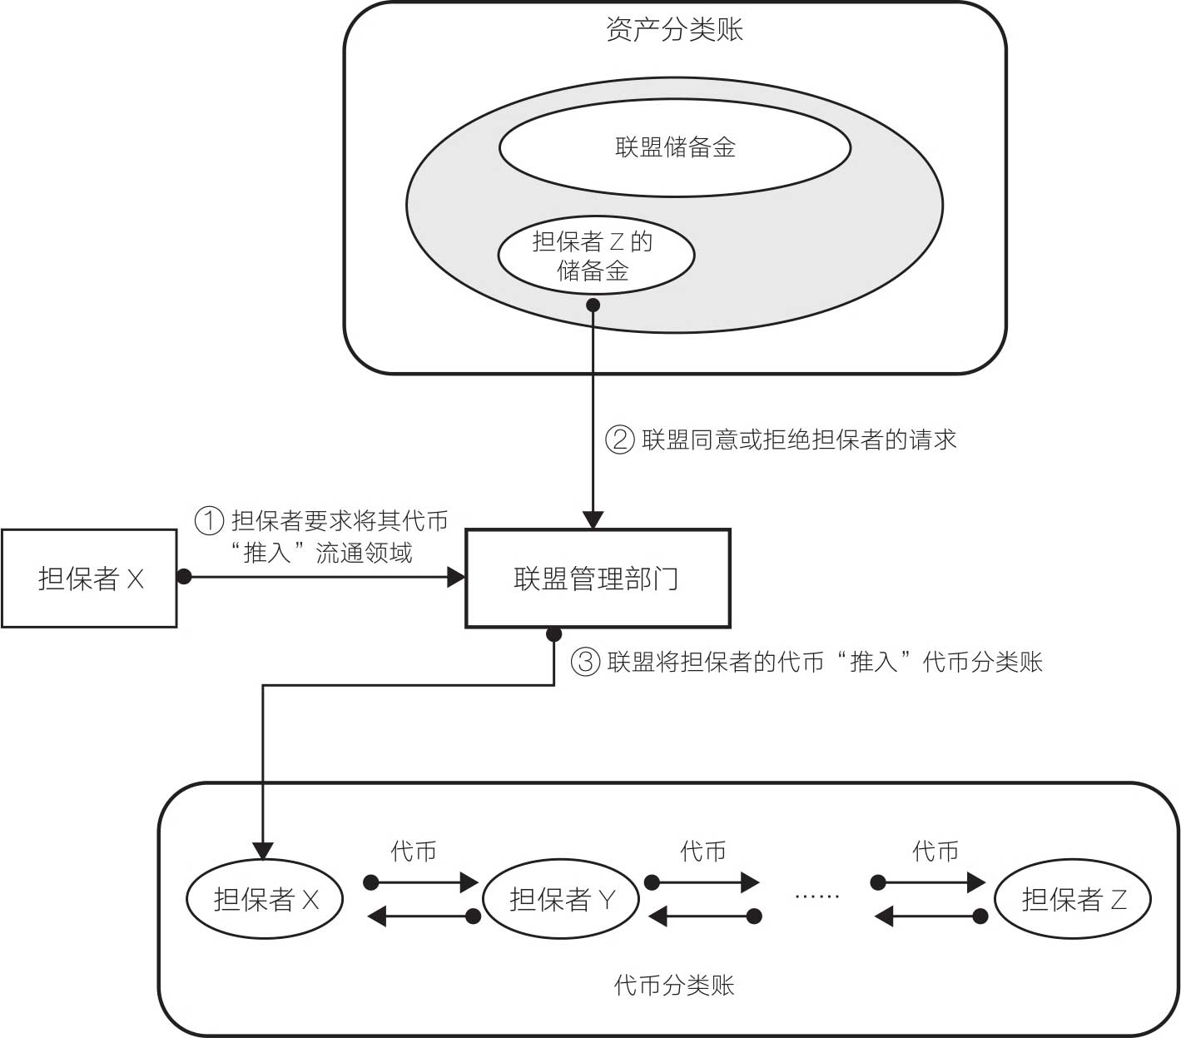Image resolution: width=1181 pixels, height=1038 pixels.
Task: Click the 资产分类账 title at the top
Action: [674, 31]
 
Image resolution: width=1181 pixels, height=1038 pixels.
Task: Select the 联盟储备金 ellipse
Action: [674, 148]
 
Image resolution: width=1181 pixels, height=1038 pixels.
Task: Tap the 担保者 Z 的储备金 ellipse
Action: [595, 256]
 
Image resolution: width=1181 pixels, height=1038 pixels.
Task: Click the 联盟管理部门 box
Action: [597, 578]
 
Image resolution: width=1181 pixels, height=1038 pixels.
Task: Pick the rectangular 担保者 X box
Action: [90, 578]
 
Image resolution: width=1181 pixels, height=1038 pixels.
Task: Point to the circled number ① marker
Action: [210, 521]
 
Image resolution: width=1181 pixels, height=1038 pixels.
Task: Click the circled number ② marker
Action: [620, 439]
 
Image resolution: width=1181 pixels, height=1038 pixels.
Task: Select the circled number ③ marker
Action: [585, 662]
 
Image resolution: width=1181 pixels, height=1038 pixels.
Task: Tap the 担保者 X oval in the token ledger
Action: [265, 899]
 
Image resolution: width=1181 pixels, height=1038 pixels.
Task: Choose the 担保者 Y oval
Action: [561, 899]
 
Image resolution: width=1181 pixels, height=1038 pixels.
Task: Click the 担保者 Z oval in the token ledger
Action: [1073, 899]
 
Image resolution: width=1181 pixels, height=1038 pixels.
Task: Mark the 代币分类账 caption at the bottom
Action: [674, 986]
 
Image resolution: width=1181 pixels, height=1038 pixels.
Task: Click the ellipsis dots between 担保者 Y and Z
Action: [816, 896]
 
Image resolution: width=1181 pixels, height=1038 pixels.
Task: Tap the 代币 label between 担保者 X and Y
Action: [414, 851]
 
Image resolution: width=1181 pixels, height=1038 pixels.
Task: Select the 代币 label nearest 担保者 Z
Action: [935, 851]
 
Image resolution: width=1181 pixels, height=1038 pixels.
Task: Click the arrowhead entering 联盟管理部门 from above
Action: [593, 520]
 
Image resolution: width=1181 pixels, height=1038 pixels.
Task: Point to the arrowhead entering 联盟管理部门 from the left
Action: [456, 576]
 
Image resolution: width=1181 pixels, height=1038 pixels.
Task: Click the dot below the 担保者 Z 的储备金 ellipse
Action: [593, 305]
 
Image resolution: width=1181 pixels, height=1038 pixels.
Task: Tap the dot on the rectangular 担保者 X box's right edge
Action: [184, 576]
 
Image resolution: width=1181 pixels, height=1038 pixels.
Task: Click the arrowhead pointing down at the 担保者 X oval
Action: [263, 851]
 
